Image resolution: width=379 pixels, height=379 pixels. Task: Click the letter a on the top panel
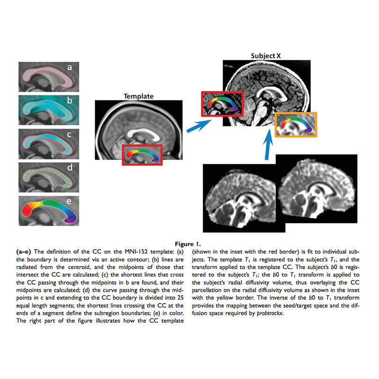(x=70, y=67)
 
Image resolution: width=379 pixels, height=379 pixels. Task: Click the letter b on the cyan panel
(x=70, y=100)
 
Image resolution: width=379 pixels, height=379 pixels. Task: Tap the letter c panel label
(x=69, y=134)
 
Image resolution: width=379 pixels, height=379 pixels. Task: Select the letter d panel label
(x=70, y=167)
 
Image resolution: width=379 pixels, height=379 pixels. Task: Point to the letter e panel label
(x=69, y=201)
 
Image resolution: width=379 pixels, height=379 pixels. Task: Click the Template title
(x=138, y=96)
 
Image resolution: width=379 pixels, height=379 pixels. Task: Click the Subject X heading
(x=266, y=56)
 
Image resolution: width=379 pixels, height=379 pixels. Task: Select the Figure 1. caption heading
(x=188, y=244)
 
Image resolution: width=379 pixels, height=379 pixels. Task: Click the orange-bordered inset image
(x=296, y=125)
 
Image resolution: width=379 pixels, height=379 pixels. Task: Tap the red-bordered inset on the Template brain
(x=142, y=155)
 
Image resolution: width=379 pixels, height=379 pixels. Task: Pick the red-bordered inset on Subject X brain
(x=222, y=104)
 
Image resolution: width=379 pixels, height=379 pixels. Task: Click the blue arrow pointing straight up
(x=268, y=144)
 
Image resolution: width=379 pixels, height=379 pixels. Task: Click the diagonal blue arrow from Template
(x=199, y=126)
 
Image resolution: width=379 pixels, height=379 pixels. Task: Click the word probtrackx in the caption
(x=270, y=313)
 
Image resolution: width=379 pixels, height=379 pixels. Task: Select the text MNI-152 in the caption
(x=136, y=252)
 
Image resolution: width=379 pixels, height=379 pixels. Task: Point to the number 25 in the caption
(x=180, y=298)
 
